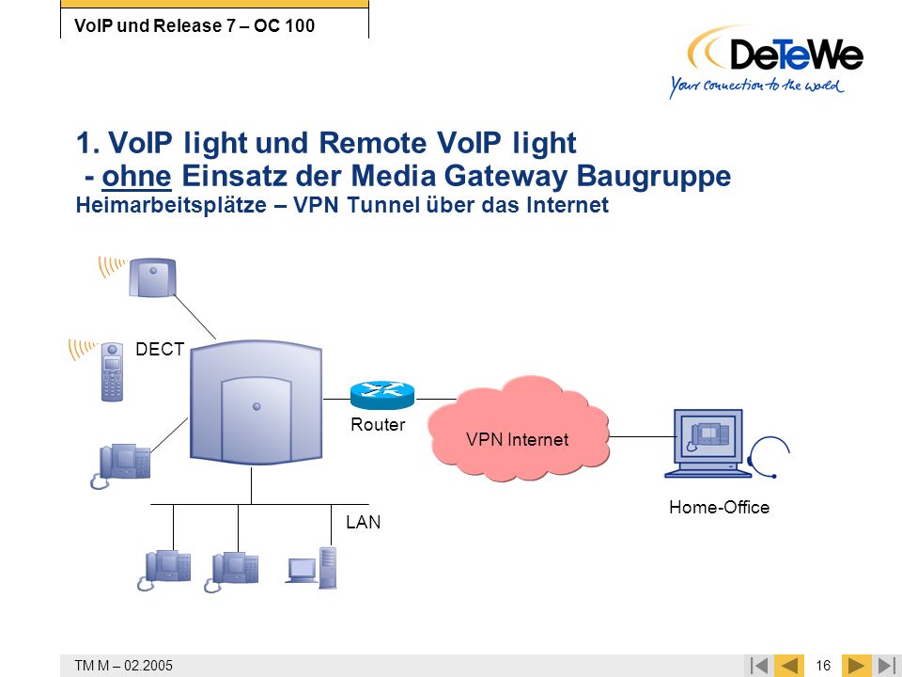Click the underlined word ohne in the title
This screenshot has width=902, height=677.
point(136,176)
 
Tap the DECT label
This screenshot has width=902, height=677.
point(160,349)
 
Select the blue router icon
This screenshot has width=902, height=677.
point(382,394)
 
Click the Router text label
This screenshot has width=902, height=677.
point(378,424)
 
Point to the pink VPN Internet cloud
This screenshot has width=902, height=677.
point(518,429)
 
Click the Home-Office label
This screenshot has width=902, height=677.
point(719,507)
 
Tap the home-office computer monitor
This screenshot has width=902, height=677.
point(708,443)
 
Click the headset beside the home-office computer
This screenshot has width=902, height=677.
point(770,457)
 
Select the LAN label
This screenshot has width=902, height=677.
point(363,522)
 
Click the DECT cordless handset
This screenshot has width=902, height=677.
point(112,371)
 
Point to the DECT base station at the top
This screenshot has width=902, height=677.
point(152,277)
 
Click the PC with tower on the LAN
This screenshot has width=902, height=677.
point(311,568)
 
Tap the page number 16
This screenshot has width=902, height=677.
point(823,666)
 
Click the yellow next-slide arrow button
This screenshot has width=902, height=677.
point(856,666)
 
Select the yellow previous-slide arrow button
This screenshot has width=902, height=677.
point(789,666)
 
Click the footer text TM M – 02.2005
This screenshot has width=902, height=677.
point(124,666)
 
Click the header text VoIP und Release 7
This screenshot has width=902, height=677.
point(155,26)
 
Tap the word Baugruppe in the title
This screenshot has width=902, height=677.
point(654,177)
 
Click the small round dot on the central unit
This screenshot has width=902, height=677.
point(257,406)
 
